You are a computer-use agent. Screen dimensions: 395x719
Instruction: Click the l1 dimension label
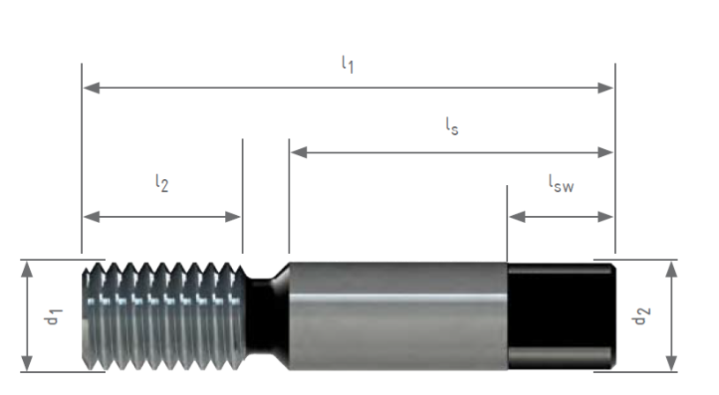tap(348, 64)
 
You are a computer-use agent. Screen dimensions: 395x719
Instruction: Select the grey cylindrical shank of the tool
tap(397, 316)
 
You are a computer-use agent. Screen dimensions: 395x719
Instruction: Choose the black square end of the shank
tap(560, 316)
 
